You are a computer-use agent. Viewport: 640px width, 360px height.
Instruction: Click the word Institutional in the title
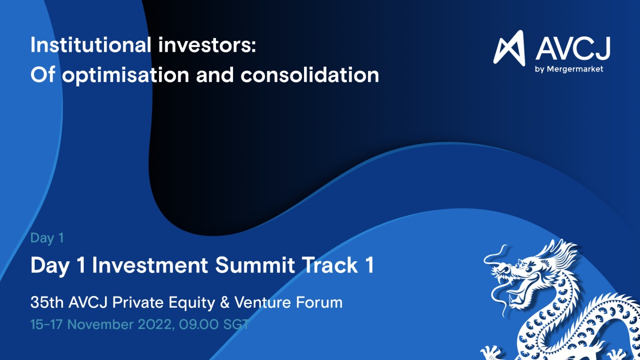point(91,45)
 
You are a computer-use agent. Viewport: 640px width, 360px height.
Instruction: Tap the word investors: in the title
point(207,45)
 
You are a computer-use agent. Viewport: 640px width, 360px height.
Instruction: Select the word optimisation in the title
point(126,75)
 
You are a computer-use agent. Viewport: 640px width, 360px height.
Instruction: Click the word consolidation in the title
point(310,75)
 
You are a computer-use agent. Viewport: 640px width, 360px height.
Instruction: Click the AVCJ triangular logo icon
point(509,48)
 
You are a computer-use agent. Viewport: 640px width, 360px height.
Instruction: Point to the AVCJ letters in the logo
point(573,49)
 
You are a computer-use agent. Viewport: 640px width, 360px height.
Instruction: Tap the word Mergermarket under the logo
point(575,69)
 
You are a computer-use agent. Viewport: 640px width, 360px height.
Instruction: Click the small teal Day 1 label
point(47,238)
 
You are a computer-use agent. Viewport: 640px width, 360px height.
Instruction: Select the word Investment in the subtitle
point(150,265)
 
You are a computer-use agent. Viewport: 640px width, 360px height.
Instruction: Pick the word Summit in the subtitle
point(255,265)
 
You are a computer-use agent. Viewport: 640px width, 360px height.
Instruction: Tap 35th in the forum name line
point(47,302)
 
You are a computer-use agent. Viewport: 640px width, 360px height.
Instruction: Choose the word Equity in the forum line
point(191,303)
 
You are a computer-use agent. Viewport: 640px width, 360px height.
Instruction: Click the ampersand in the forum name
point(225,302)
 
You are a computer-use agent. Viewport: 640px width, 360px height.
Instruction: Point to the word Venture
point(262,302)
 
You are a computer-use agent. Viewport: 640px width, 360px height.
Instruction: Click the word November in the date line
point(100,325)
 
